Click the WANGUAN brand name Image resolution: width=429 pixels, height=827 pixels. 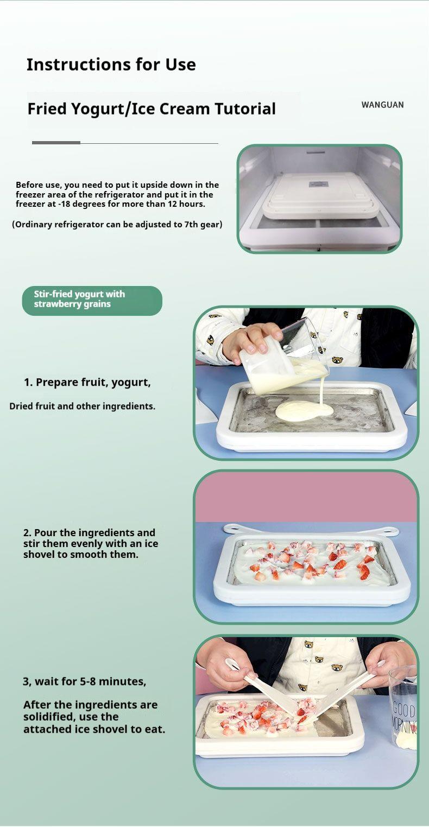[x=382, y=105]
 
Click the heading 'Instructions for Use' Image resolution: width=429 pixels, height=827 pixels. [x=111, y=65]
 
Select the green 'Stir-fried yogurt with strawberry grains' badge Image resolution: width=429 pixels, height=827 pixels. [x=92, y=301]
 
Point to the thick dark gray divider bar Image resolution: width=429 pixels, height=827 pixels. [x=56, y=143]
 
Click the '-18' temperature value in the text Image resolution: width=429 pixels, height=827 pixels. [x=64, y=204]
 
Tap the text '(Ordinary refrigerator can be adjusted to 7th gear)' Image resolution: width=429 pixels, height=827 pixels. [x=117, y=225]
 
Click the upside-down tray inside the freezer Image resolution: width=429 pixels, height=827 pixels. [x=321, y=195]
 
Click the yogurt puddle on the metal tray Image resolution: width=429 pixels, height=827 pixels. [x=304, y=411]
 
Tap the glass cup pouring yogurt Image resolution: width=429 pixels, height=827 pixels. [x=285, y=360]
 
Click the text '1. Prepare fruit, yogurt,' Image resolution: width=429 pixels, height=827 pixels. [x=87, y=383]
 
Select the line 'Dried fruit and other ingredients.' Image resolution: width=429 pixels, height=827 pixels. [x=82, y=406]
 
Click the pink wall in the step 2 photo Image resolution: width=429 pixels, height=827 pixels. [x=306, y=497]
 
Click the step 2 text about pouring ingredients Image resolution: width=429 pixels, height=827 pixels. [x=91, y=543]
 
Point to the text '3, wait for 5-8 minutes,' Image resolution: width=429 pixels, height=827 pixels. [x=84, y=682]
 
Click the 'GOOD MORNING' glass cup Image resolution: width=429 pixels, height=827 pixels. [x=403, y=708]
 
